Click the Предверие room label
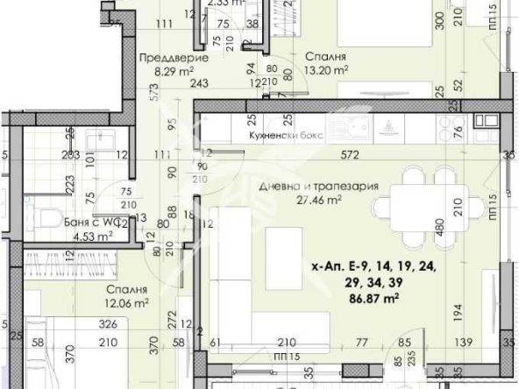tap(174, 59)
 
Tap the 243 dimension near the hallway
tap(198, 83)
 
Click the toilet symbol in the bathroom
tap(48, 217)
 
